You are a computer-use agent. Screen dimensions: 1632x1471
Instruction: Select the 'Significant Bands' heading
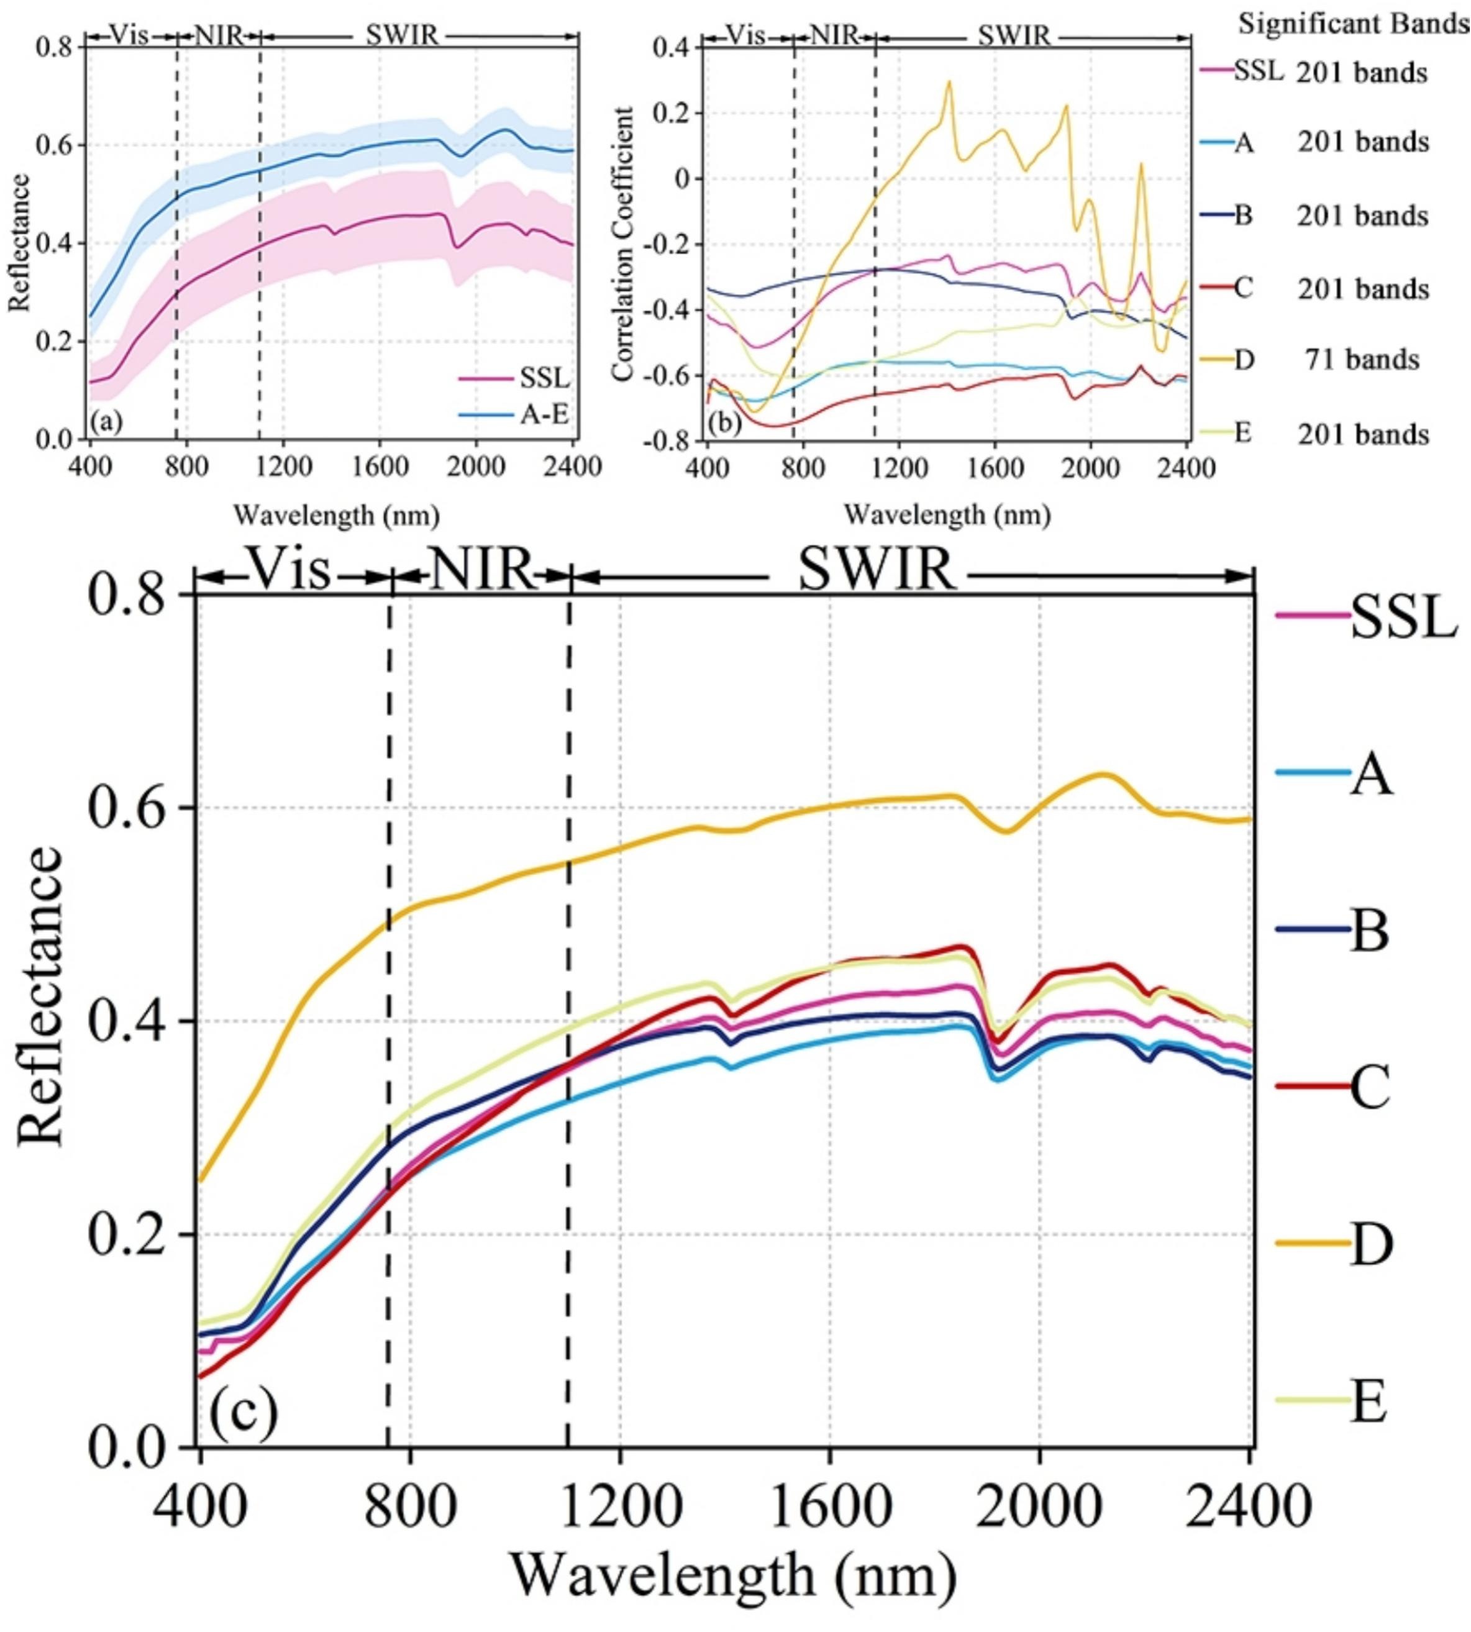(x=1354, y=24)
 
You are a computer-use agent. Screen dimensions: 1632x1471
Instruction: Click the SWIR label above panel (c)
(x=878, y=572)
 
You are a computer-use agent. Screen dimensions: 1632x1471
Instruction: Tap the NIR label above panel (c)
(x=481, y=571)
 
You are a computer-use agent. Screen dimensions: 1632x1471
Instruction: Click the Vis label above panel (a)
(x=129, y=35)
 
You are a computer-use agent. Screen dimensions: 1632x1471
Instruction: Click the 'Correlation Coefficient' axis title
(x=622, y=244)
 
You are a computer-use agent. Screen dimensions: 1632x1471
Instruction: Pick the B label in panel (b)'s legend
(x=1244, y=216)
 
